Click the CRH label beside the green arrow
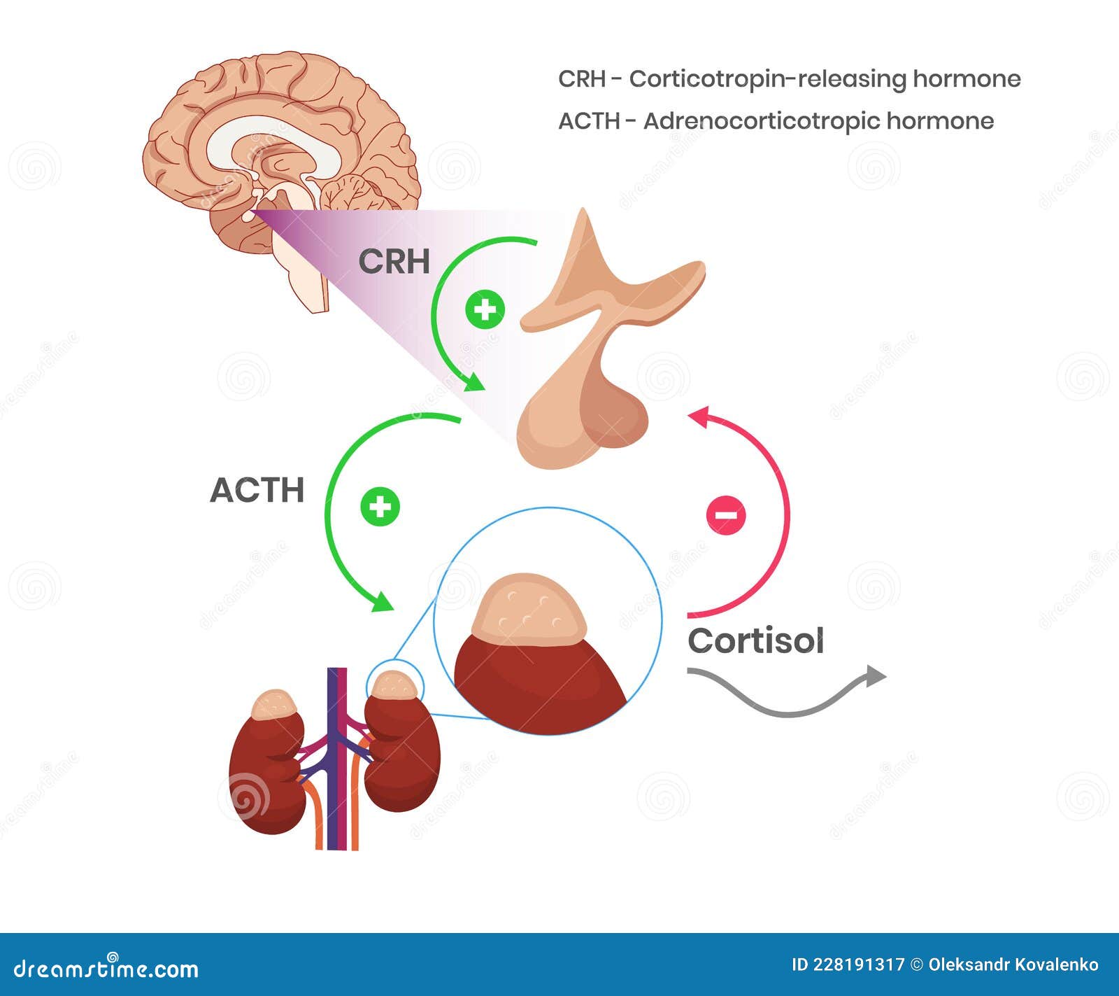coord(394,262)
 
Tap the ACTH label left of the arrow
coord(257,490)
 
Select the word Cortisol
coord(755,640)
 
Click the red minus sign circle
coord(726,515)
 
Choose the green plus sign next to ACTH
coord(380,505)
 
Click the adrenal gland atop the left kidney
coord(275,704)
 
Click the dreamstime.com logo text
coord(106,969)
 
